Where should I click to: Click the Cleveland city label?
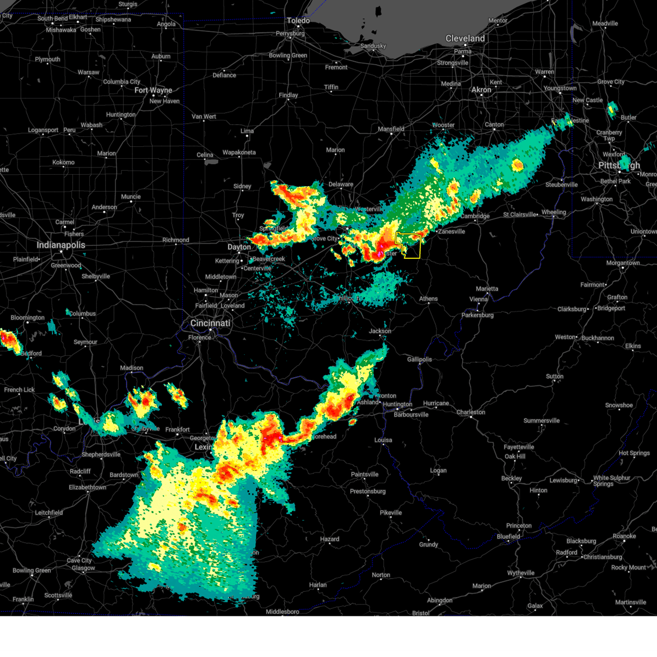click(x=465, y=38)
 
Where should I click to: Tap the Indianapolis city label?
click(x=61, y=245)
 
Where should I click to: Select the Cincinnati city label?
click(x=210, y=323)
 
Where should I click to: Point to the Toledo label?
click(x=298, y=21)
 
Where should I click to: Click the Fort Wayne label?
click(x=153, y=90)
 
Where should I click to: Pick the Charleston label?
click(x=471, y=412)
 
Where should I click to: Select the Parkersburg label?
click(x=477, y=315)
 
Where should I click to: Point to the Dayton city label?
click(x=239, y=247)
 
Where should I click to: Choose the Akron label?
click(x=481, y=90)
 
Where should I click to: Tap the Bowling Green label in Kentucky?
click(x=32, y=570)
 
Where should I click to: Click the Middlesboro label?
click(x=283, y=612)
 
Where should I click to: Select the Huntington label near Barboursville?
click(x=397, y=405)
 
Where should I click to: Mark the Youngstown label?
click(x=560, y=88)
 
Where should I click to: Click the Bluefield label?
click(x=508, y=537)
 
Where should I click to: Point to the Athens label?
click(x=428, y=299)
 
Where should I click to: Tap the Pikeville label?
click(x=391, y=513)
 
